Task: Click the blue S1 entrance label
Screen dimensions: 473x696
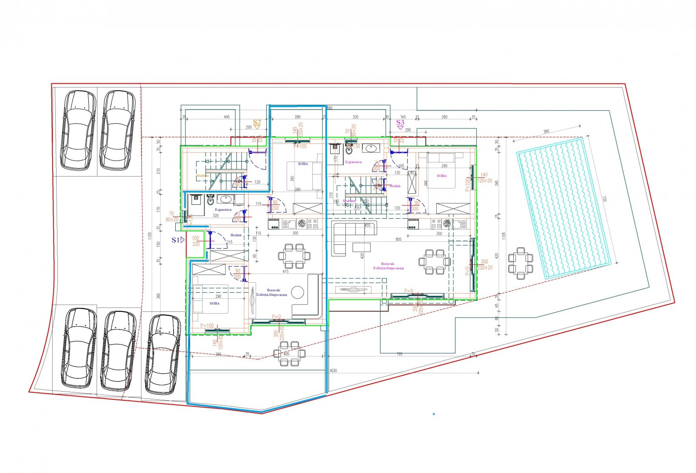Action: (176, 240)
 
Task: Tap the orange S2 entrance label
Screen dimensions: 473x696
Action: (257, 123)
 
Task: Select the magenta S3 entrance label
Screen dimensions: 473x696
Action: (400, 123)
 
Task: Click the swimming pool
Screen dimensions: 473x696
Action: (563, 209)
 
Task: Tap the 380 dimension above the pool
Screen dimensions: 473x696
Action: (546, 131)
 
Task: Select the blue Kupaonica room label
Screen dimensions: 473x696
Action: (224, 209)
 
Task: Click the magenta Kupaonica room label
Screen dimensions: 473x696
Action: (353, 162)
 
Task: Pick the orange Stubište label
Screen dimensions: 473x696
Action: (203, 176)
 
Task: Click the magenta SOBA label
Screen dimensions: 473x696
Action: (442, 176)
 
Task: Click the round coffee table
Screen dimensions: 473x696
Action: (298, 292)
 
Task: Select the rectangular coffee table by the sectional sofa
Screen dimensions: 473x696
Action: (361, 247)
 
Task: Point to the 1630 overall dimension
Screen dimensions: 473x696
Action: (333, 371)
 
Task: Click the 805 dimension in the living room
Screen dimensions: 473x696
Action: (398, 240)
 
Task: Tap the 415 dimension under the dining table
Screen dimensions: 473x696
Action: (285, 272)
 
